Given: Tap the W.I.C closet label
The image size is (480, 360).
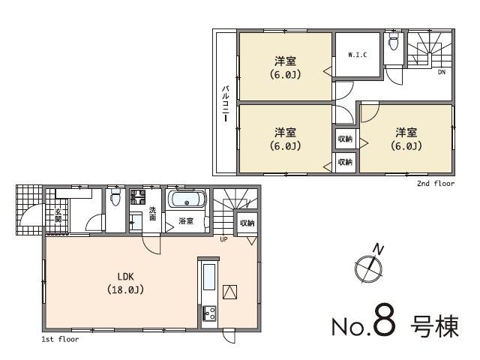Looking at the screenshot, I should click(x=356, y=54).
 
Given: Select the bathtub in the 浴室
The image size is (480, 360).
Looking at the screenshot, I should click(x=184, y=200).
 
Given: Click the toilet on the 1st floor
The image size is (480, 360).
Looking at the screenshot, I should click(x=115, y=199).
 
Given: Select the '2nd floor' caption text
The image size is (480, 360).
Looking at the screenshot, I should click(x=436, y=182).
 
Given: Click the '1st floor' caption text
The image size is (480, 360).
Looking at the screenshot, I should click(x=60, y=339).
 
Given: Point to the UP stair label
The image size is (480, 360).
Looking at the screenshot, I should click(x=223, y=239).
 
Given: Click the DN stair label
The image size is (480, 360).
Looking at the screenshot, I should click(x=442, y=72).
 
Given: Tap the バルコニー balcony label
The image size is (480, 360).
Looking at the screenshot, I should click(x=225, y=105).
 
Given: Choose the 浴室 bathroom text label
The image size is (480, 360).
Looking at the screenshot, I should click(x=186, y=222).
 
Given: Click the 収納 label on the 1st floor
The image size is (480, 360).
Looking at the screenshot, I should click(x=247, y=223).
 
